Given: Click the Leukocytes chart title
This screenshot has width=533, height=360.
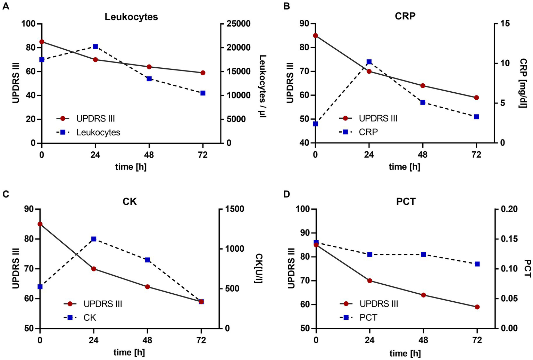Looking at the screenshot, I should click(x=131, y=17).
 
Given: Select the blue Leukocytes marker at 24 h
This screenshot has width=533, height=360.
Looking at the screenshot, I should click(x=95, y=47).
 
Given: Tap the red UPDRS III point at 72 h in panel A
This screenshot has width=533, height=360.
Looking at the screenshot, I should click(x=203, y=73).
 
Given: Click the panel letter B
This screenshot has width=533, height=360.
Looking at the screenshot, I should click(x=287, y=6).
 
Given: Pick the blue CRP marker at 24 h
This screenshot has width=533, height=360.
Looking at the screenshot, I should click(x=369, y=62).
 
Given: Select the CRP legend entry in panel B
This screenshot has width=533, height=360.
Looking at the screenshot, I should click(x=368, y=132).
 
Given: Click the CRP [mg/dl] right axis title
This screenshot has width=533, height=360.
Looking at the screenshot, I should click(x=523, y=83).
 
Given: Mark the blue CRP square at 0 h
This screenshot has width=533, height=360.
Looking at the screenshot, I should click(x=315, y=124).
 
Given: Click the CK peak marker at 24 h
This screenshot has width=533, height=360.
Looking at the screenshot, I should click(x=94, y=239).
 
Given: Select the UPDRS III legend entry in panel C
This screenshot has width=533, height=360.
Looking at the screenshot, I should click(x=102, y=304).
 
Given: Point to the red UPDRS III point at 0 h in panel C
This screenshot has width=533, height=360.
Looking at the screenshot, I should click(x=40, y=224).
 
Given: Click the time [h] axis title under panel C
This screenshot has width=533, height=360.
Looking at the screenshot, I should click(x=129, y=352).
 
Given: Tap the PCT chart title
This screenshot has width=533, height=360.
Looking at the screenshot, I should click(x=406, y=202).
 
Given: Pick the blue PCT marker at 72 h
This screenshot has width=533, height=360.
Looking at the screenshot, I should click(x=477, y=264).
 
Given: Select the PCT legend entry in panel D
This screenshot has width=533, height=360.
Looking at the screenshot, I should click(x=368, y=317).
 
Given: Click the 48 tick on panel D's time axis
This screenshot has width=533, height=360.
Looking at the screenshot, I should click(x=423, y=340).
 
